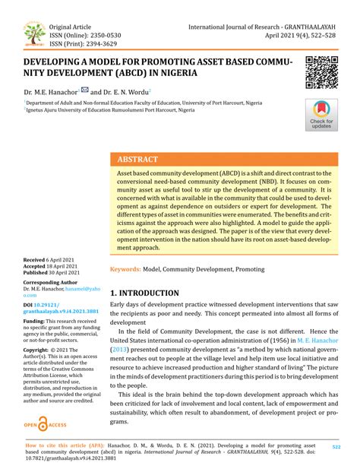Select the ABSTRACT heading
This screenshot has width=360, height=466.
pos(137,160)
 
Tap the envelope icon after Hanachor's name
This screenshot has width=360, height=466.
pos(84,90)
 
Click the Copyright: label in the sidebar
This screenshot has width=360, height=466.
pos(39,370)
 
